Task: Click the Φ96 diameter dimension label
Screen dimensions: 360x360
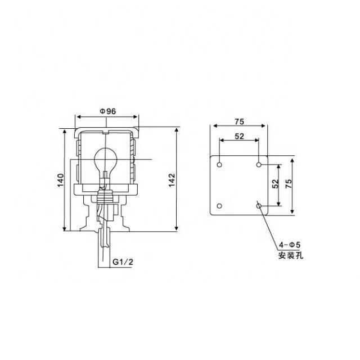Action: pyautogui.click(x=107, y=111)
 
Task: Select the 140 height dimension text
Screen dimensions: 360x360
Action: pyautogui.click(x=60, y=180)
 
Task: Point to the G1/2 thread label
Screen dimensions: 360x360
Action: pyautogui.click(x=123, y=262)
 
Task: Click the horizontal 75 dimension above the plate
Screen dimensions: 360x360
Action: pyautogui.click(x=239, y=120)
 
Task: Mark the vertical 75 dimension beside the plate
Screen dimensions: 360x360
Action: pyautogui.click(x=289, y=186)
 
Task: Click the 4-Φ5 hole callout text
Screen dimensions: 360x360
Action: pyautogui.click(x=290, y=245)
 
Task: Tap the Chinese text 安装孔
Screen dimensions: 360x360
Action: pyautogui.click(x=290, y=256)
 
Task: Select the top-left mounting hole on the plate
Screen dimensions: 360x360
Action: pyautogui.click(x=219, y=165)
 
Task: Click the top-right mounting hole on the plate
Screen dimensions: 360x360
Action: pyautogui.click(x=259, y=165)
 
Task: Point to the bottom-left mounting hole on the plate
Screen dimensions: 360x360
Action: pyautogui.click(x=219, y=206)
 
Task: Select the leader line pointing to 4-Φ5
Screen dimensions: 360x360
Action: pyautogui.click(x=268, y=225)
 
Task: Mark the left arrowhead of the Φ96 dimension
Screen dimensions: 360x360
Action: pyautogui.click(x=78, y=118)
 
